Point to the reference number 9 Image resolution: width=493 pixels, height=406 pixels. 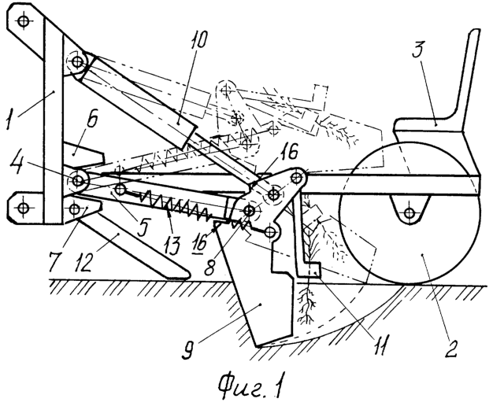tap(189, 349)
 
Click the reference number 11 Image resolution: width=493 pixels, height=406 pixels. tap(379, 345)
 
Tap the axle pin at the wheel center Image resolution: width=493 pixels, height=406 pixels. tap(409, 213)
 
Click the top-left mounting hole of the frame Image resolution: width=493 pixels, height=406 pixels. tap(23, 21)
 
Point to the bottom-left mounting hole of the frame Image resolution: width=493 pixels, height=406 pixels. tap(23, 208)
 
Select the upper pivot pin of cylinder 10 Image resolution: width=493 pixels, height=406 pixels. tap(77, 62)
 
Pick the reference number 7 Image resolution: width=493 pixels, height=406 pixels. tap(56, 260)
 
